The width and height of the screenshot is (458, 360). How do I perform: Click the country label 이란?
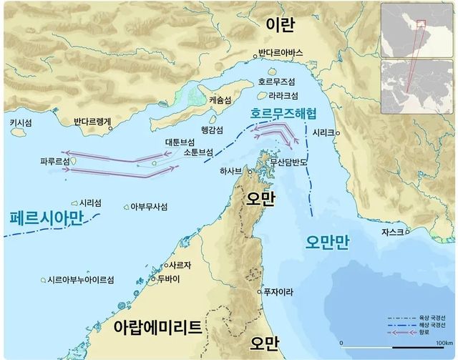click(x=280, y=25)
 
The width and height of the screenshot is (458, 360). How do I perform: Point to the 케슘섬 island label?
click(x=220, y=102)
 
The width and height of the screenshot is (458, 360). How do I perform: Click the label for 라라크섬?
click(x=282, y=95)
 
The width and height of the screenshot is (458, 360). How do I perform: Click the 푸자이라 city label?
click(x=280, y=291)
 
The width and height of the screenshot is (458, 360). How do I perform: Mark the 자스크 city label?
click(x=392, y=233)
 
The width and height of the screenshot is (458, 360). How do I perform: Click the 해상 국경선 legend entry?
click(x=430, y=325)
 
